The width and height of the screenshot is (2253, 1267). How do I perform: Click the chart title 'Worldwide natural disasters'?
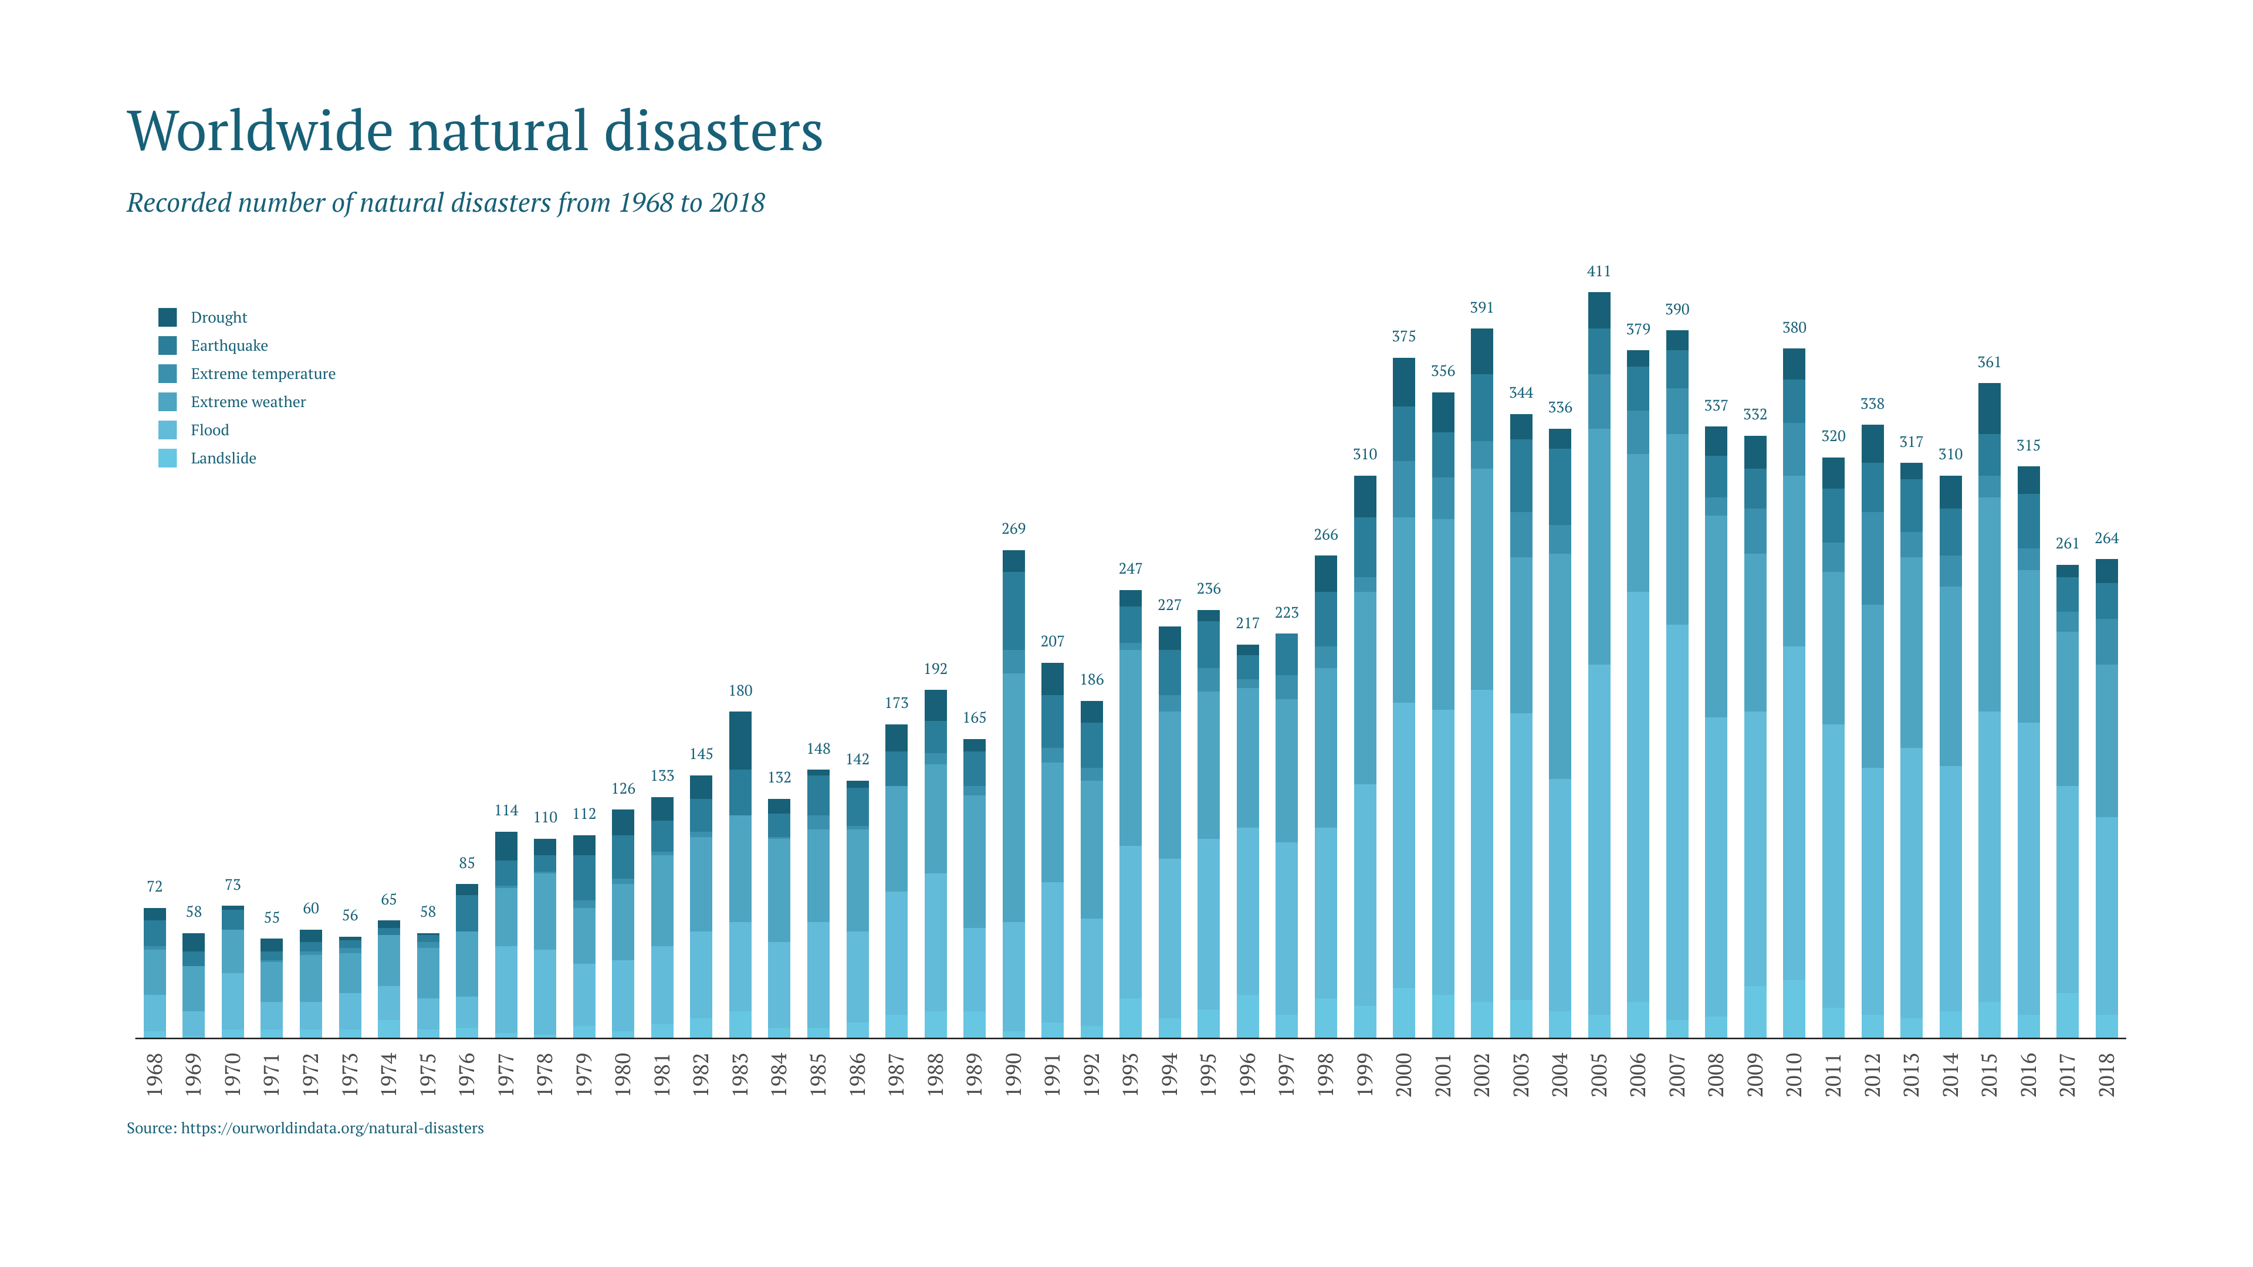[474, 131]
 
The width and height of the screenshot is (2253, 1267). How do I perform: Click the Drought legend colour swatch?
[167, 317]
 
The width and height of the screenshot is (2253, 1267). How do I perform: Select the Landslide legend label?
[223, 458]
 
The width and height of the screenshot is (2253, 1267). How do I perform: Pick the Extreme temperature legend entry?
[262, 374]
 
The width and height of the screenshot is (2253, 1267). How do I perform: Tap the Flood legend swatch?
[167, 430]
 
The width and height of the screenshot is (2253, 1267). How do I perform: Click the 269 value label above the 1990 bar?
[1013, 529]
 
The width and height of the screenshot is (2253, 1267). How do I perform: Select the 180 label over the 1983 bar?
[740, 691]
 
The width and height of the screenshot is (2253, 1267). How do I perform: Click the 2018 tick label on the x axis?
[2106, 1074]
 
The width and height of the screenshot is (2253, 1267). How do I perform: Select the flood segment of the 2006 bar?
[1638, 796]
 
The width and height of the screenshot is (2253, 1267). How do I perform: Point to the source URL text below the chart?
[305, 1128]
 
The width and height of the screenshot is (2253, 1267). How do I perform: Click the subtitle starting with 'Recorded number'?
[445, 203]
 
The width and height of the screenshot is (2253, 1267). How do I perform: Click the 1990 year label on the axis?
[1013, 1074]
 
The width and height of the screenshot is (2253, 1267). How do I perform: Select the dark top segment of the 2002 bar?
[1481, 351]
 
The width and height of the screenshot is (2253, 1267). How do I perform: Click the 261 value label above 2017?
[2066, 544]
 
